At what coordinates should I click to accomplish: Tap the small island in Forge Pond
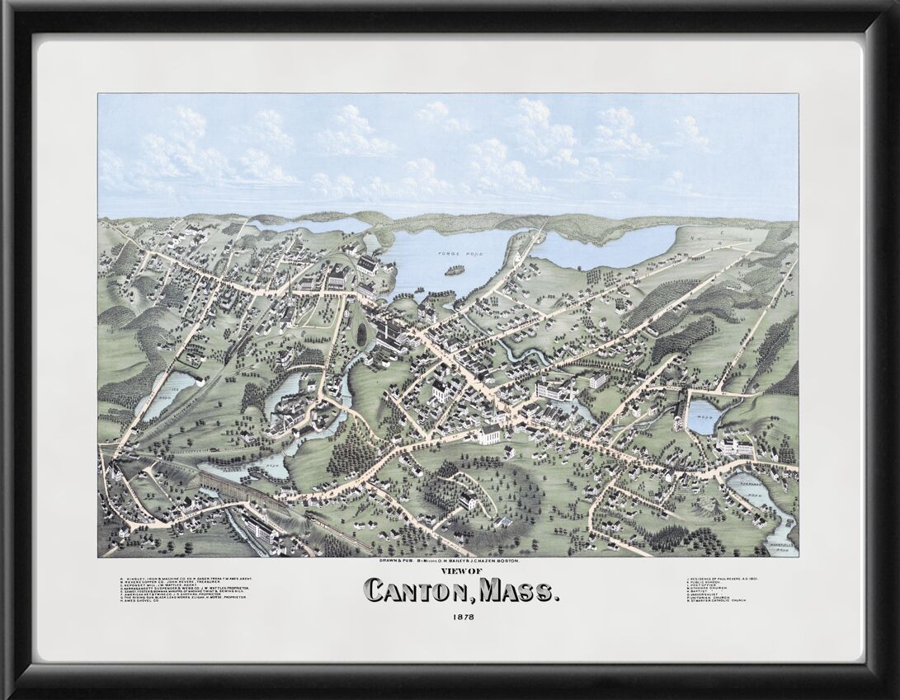tap(452, 270)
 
